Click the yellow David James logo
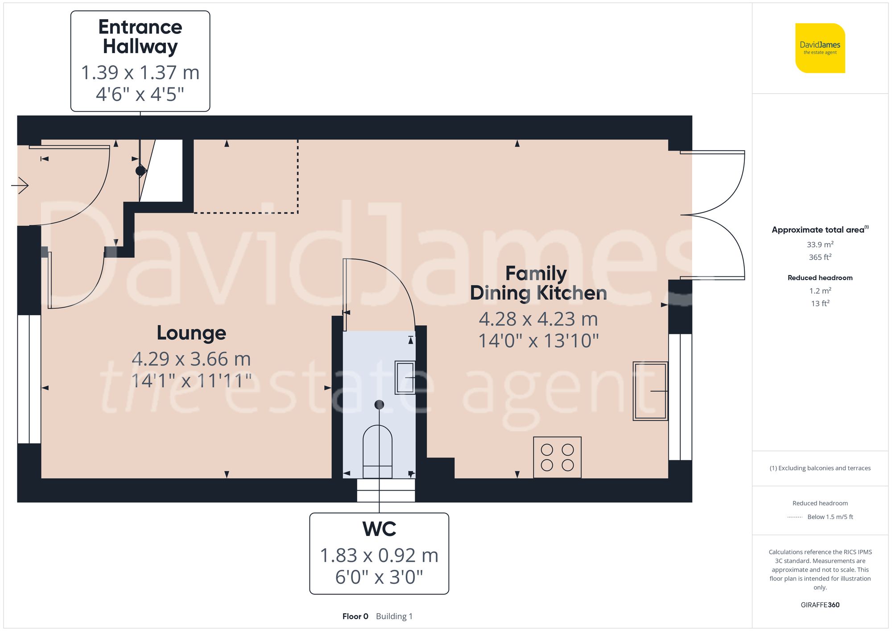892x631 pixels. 820,48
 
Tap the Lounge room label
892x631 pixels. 191,333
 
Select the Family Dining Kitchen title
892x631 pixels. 538,283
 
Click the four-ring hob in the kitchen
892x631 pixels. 557,457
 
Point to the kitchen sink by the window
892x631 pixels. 650,391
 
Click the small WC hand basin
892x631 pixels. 405,377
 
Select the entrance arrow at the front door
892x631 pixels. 20,185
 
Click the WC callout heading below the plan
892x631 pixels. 379,529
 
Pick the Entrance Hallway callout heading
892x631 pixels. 140,37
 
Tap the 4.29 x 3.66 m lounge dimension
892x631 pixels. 191,359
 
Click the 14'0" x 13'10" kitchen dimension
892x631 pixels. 538,341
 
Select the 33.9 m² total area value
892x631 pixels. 820,244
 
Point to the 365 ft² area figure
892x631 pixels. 820,257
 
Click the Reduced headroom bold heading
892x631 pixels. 820,278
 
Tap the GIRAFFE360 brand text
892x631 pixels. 820,605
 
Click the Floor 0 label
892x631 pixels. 355,616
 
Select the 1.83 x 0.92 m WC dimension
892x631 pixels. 379,556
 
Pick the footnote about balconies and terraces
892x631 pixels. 820,468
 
